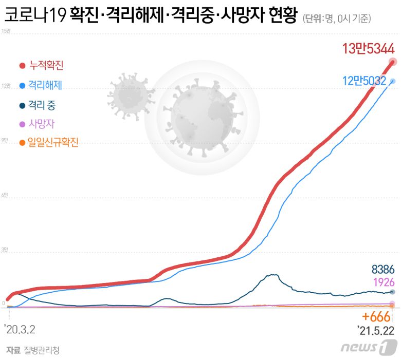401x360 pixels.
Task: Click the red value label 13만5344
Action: [368, 49]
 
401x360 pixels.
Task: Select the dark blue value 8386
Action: [382, 269]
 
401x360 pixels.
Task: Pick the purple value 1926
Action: [383, 282]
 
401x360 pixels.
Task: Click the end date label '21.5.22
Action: [377, 328]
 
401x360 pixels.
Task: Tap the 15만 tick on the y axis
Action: [6, 32]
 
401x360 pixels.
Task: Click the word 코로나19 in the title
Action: [34, 17]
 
